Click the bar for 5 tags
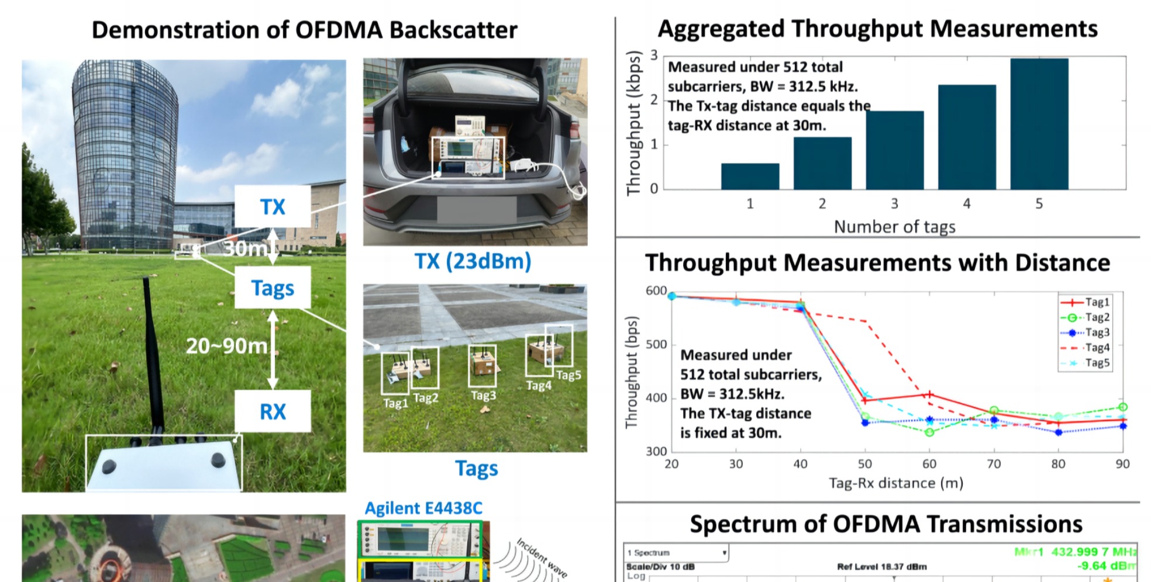pyautogui.click(x=1039, y=124)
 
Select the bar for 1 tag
pyautogui.click(x=750, y=176)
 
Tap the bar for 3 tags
pyautogui.click(x=894, y=150)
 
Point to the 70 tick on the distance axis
pyautogui.click(x=994, y=464)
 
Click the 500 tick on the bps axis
pyautogui.click(x=656, y=344)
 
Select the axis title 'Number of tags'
pyautogui.click(x=894, y=227)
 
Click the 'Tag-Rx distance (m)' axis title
pyautogui.click(x=895, y=483)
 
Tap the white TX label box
pyautogui.click(x=273, y=206)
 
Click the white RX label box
pyautogui.click(x=273, y=411)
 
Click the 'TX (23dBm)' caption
pyautogui.click(x=473, y=261)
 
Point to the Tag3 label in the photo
pyautogui.click(x=483, y=396)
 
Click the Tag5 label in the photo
pyautogui.click(x=568, y=375)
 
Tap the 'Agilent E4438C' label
pyautogui.click(x=423, y=508)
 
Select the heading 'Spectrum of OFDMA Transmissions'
pyautogui.click(x=886, y=524)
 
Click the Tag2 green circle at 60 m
pyautogui.click(x=929, y=432)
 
